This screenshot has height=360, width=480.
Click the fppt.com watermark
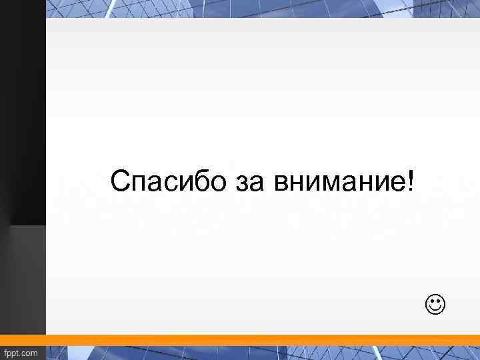21,353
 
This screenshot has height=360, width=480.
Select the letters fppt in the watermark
13,353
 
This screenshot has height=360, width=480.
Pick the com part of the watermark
31,353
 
